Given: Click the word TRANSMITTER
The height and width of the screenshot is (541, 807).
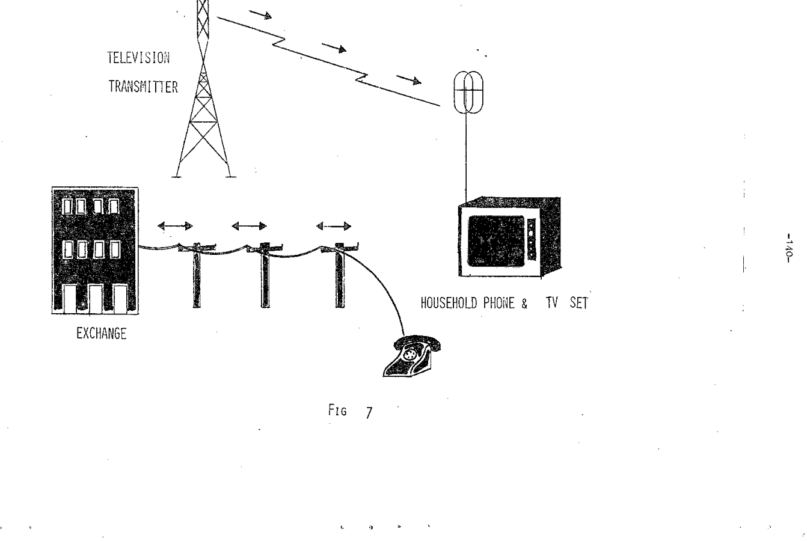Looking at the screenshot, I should (143, 87).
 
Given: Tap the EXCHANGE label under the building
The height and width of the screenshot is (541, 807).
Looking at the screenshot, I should (101, 335).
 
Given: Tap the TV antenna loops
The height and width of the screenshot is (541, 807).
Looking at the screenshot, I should (467, 93).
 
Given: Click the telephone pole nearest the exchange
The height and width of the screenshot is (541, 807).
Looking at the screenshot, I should (196, 274).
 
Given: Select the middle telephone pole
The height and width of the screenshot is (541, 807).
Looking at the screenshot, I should (265, 274).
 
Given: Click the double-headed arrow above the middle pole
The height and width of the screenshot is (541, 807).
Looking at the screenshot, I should (249, 226).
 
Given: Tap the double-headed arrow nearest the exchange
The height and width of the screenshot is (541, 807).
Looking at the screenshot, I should (174, 226).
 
